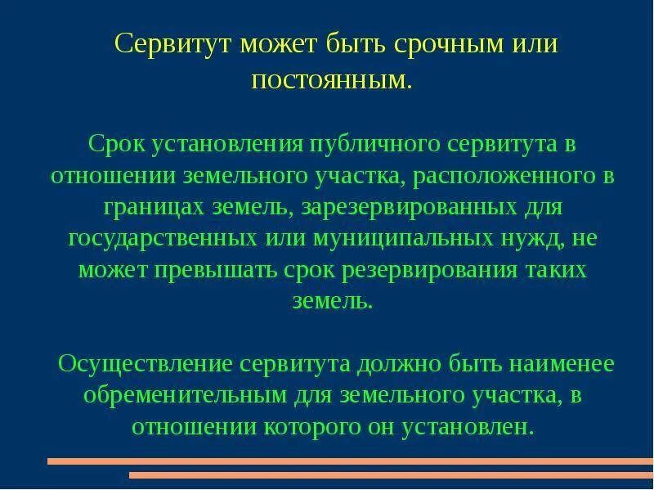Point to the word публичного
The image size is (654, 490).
coord(373,145)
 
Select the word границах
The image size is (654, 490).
coord(156,207)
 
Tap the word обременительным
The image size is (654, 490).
coord(185,395)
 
